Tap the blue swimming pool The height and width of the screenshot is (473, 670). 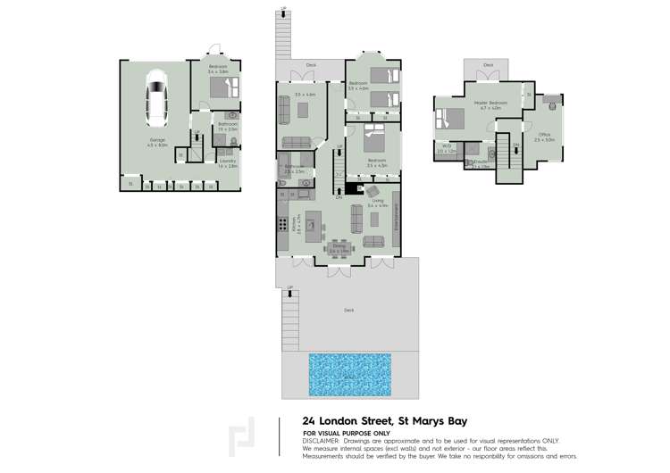[349, 375]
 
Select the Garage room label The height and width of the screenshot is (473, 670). [157, 141]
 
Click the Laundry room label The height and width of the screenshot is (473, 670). [229, 164]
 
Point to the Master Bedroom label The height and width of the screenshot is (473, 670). [491, 103]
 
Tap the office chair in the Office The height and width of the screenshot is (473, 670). [553, 105]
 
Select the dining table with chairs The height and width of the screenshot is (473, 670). [340, 247]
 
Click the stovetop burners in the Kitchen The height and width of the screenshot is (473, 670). [283, 225]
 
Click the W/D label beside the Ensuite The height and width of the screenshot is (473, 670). [446, 150]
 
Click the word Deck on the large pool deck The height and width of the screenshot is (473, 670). [348, 311]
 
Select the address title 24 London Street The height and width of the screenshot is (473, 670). [384, 421]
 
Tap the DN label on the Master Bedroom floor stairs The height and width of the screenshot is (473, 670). [516, 145]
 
